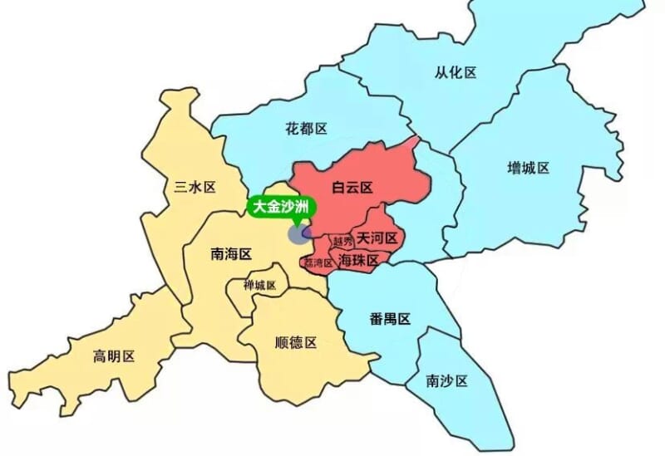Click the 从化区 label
pos(456,72)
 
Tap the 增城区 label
pos(529,168)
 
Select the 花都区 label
pos(306,129)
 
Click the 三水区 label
pos(195,187)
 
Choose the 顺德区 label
pos(295,342)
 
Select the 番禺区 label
pos(390,319)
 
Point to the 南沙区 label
pos(446,381)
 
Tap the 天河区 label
pos(378,238)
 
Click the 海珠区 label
pos(359,260)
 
